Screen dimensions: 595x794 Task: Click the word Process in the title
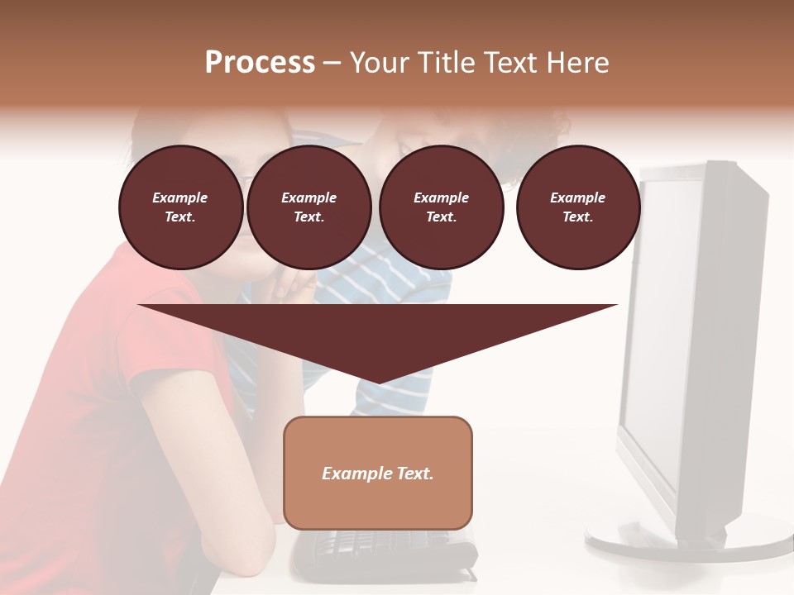click(x=260, y=63)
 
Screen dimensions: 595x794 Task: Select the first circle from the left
click(x=181, y=207)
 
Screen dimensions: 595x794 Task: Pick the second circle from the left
click(x=309, y=207)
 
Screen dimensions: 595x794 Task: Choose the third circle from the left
click(x=442, y=207)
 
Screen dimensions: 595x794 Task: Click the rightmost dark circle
click(x=578, y=207)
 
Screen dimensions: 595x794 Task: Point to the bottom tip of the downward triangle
click(x=378, y=382)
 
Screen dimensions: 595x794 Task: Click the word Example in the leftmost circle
click(x=180, y=198)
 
